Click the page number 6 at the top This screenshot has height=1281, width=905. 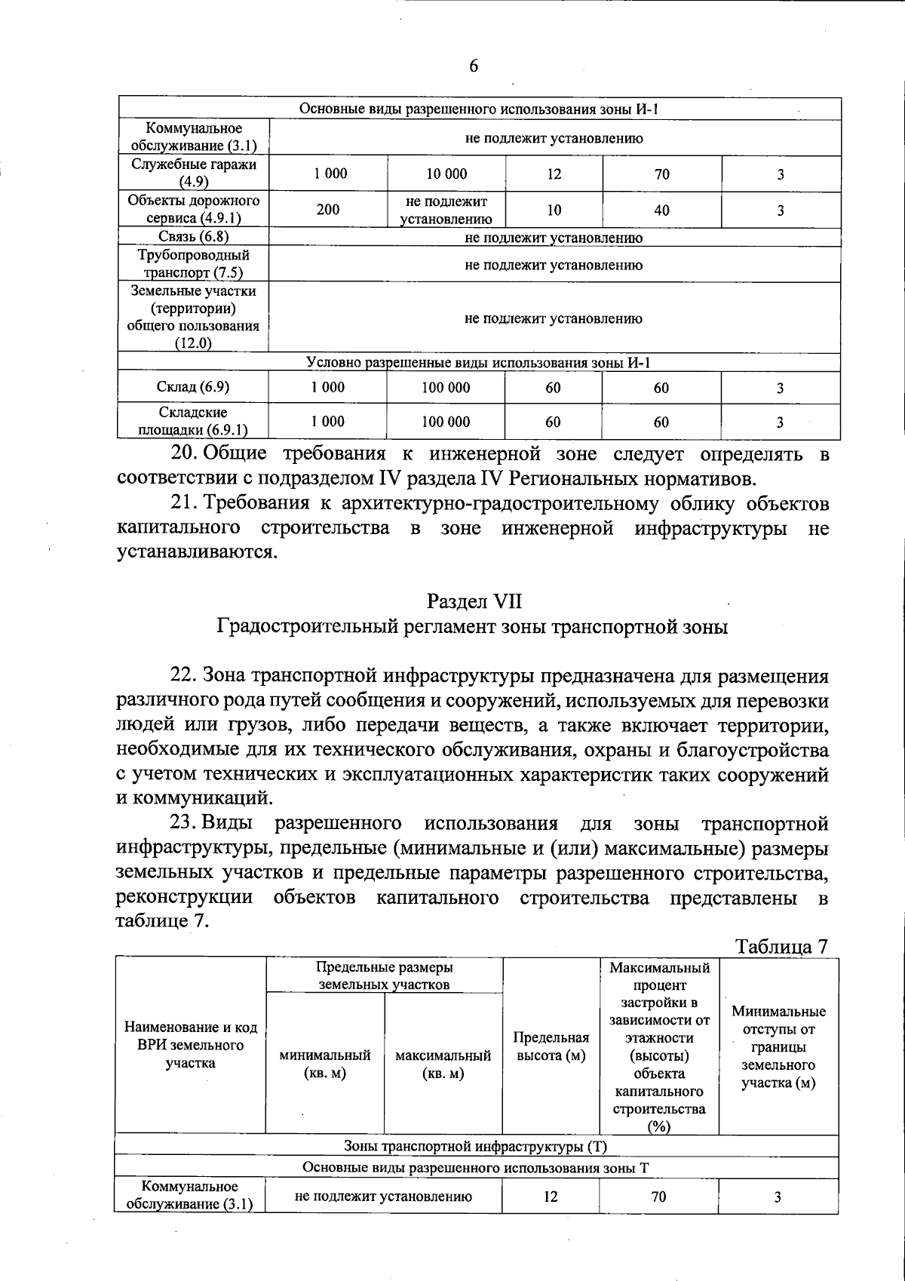[x=474, y=66]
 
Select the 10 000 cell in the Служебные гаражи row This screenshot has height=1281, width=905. [x=446, y=174]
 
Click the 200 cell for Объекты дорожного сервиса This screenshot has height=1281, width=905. [x=328, y=210]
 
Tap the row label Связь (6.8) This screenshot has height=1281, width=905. [x=194, y=237]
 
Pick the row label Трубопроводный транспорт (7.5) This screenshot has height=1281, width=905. [x=194, y=264]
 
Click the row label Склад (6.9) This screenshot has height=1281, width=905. [x=193, y=387]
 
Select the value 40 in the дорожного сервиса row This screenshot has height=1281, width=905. [x=661, y=210]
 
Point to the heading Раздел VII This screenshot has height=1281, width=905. [x=474, y=601]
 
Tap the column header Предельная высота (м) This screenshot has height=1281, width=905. [x=551, y=1046]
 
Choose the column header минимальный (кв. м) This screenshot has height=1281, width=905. [x=325, y=1064]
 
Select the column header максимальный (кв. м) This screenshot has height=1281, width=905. [x=443, y=1064]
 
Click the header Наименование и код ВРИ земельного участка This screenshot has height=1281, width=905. [x=191, y=1046]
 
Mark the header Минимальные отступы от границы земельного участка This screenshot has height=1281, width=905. [x=778, y=1046]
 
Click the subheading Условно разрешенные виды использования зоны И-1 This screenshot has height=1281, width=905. [x=479, y=363]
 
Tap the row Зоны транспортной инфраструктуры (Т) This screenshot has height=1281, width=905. [x=476, y=1146]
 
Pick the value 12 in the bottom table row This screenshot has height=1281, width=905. [x=551, y=1197]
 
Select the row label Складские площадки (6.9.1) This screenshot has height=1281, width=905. [x=193, y=422]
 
